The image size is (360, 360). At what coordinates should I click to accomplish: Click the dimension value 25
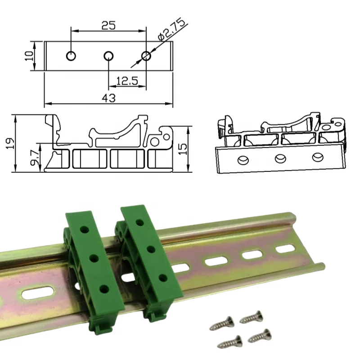pyautogui.click(x=108, y=25)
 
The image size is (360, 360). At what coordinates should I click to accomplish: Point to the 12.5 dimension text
pyautogui.click(x=126, y=81)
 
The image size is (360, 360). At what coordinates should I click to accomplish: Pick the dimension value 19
pyautogui.click(x=10, y=143)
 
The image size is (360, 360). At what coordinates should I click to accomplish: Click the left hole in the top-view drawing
pyautogui.click(x=71, y=56)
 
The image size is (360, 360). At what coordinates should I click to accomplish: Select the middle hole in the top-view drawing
pyautogui.click(x=108, y=56)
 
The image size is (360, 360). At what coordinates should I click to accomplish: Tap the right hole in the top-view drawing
pyautogui.click(x=146, y=56)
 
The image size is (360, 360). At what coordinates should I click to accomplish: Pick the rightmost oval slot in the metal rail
pyautogui.click(x=284, y=248)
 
